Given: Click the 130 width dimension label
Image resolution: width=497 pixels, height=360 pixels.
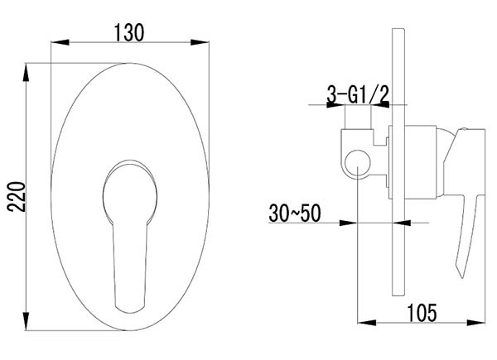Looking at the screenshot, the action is point(129,32).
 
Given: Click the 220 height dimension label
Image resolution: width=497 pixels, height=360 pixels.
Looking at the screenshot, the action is point(17,196).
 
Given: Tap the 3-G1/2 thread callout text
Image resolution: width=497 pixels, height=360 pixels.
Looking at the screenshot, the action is point(358,94).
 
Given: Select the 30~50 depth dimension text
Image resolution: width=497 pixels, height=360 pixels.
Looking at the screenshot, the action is point(295,213).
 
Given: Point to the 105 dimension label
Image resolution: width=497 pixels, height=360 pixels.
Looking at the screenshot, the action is point(422,313).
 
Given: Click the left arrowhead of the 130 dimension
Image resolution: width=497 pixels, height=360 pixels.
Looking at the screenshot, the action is point(60,42).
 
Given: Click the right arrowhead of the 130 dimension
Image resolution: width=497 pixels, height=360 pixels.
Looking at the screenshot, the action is point(200,42).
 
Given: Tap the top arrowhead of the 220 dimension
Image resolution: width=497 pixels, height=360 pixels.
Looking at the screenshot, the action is point(26,73).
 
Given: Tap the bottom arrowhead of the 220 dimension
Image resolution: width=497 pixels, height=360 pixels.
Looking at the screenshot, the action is point(26,321).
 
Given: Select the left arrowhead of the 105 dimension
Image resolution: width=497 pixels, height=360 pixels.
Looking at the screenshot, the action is point(367,323).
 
